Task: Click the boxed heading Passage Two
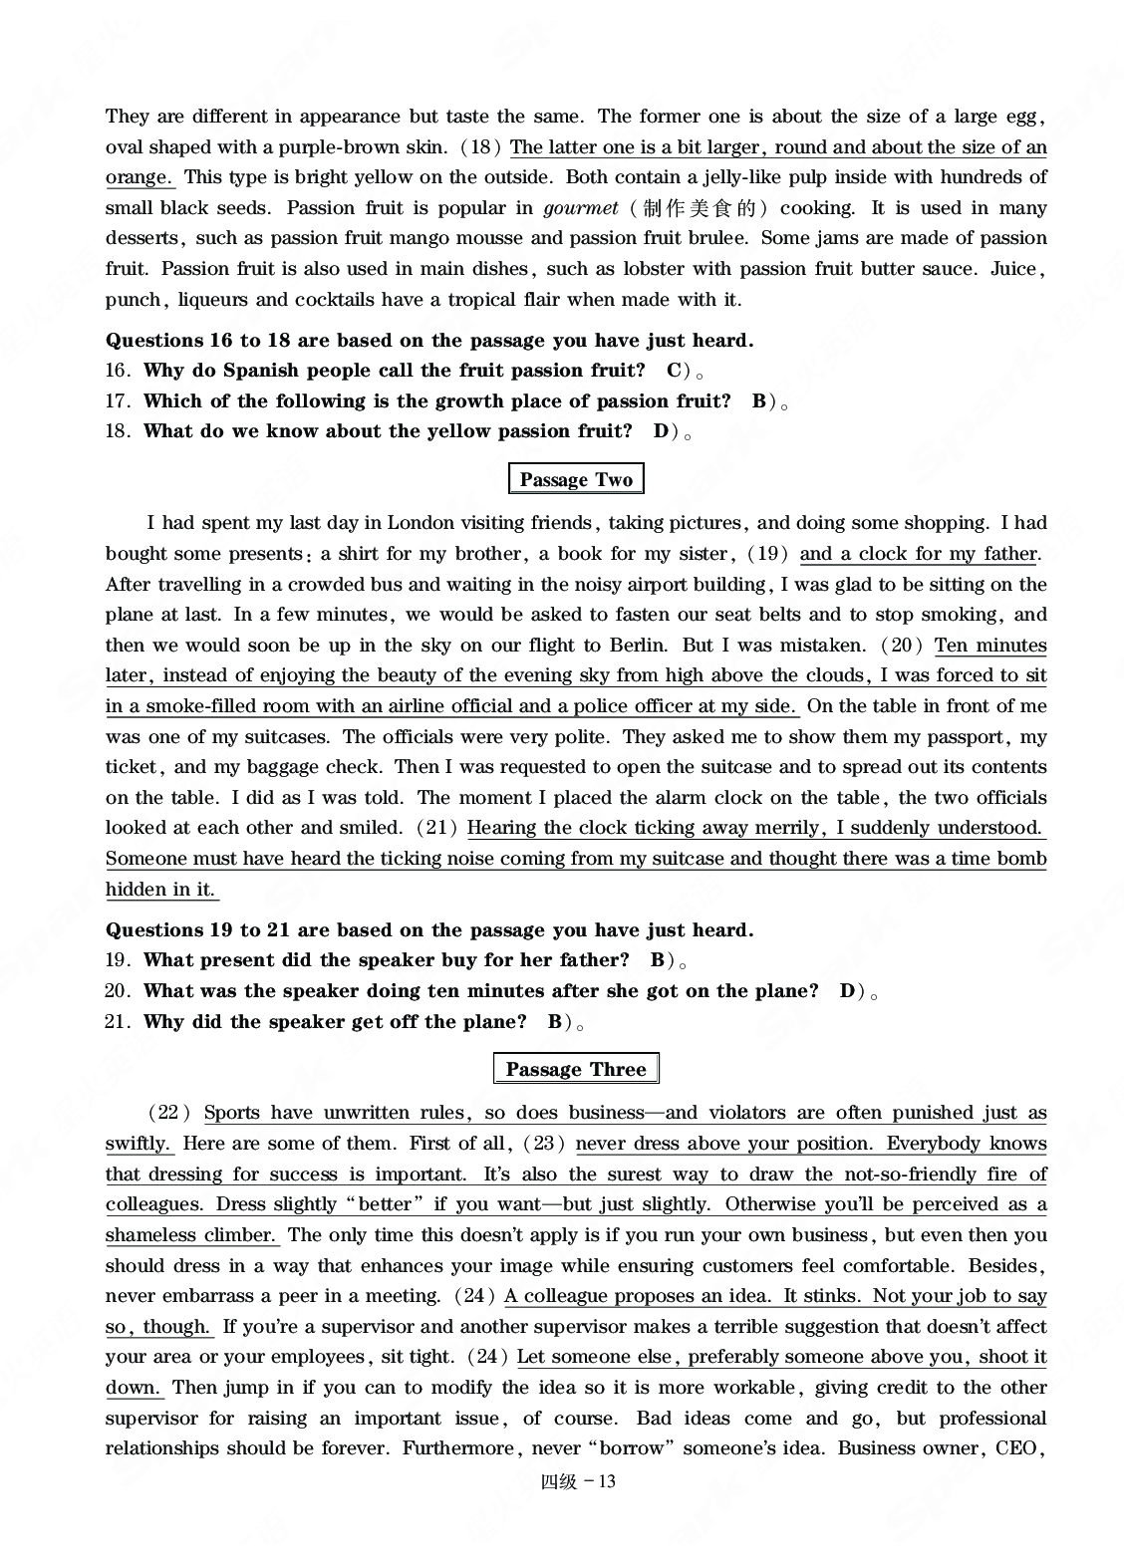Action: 576,480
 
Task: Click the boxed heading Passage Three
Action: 576,1070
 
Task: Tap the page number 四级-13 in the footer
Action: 578,1481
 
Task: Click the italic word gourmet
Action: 581,208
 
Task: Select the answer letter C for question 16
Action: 674,371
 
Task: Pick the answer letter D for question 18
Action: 661,431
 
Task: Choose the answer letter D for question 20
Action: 847,991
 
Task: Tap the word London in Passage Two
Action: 421,523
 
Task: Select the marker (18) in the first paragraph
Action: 481,147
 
